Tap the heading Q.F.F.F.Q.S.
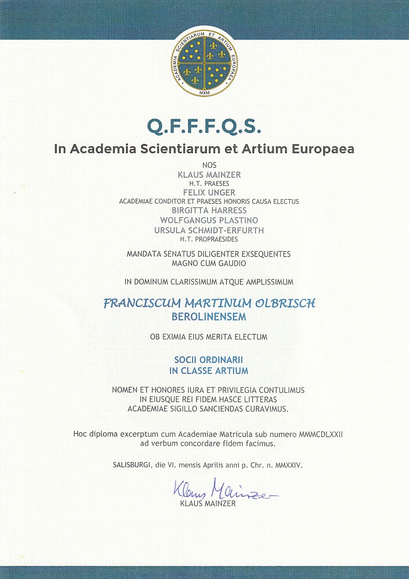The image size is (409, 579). (x=204, y=127)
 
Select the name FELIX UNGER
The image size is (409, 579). (x=209, y=192)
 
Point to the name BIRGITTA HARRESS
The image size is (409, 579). (x=209, y=211)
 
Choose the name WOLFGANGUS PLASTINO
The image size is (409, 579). (x=209, y=220)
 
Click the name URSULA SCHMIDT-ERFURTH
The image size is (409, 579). (x=209, y=230)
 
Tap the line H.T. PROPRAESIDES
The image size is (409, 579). (x=209, y=239)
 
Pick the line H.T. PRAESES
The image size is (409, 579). (x=209, y=183)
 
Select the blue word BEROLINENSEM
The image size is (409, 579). (x=209, y=317)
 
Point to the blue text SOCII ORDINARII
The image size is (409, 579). (x=209, y=359)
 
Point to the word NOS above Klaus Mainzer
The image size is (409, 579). (x=209, y=165)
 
